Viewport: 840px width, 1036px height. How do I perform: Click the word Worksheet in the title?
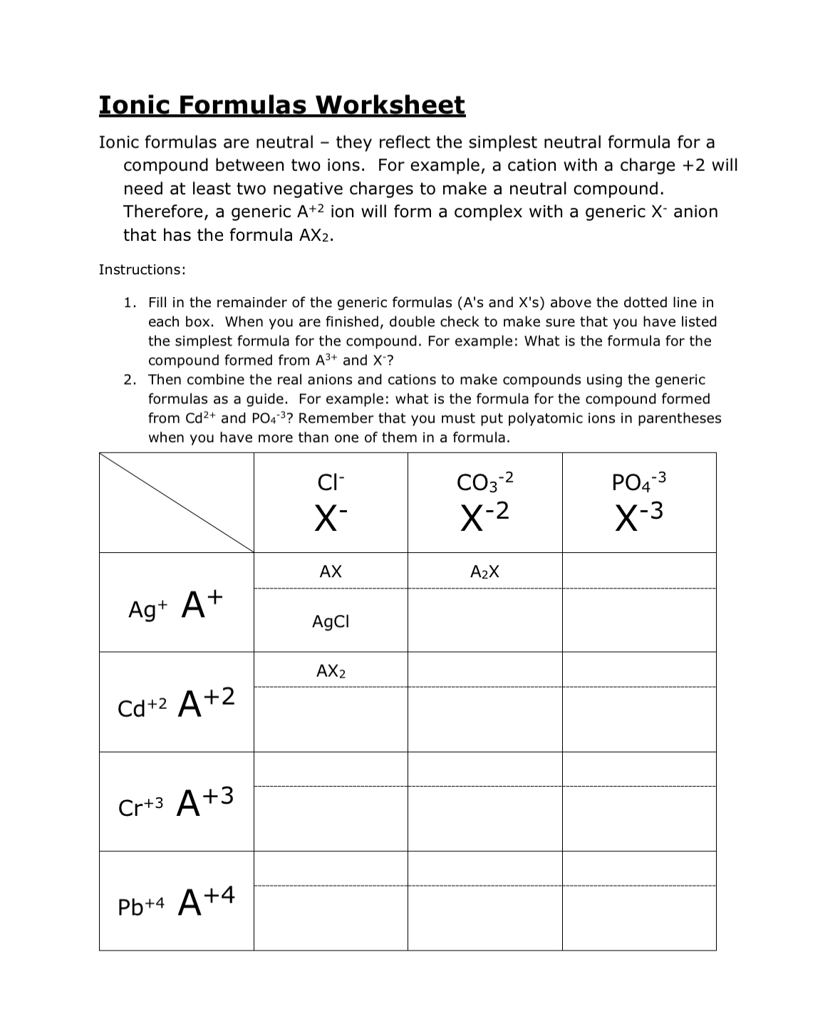click(390, 105)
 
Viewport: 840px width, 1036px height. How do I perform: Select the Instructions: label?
click(142, 269)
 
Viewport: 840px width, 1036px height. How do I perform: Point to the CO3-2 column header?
click(484, 482)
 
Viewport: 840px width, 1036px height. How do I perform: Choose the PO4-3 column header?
click(639, 482)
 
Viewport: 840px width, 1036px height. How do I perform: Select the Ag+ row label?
click(147, 610)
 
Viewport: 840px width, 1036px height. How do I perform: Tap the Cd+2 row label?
click(142, 708)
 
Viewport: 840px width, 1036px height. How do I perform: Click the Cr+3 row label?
click(140, 807)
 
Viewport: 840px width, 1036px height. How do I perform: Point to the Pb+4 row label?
click(141, 906)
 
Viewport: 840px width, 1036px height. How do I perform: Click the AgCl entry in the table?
click(331, 622)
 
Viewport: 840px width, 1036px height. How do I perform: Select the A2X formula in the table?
click(484, 572)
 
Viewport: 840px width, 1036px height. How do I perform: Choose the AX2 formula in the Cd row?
click(331, 671)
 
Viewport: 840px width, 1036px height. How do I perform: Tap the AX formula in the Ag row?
click(331, 571)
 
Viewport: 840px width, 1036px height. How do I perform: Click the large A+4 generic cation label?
click(206, 901)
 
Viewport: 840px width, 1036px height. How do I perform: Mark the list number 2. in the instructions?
click(130, 380)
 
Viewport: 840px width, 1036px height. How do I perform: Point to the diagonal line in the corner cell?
click(177, 502)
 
